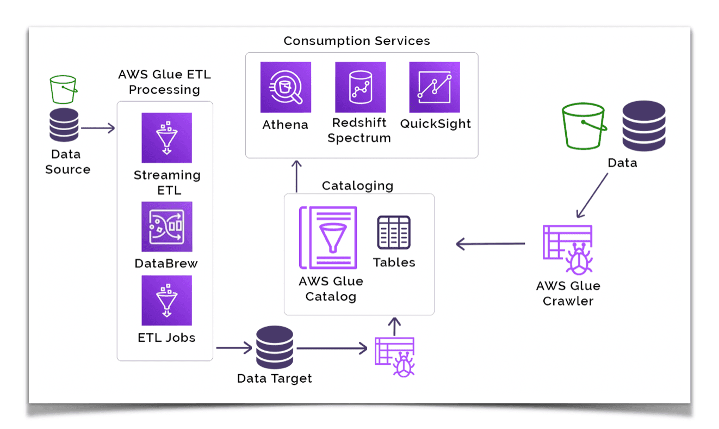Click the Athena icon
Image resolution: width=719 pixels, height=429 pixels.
coord(286,87)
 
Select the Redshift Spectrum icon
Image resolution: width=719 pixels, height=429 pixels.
coord(360,87)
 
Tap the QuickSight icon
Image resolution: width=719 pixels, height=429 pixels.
coord(435,87)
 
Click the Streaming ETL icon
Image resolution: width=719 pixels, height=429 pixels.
coord(166,138)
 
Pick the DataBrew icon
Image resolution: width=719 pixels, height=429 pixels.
coord(166,226)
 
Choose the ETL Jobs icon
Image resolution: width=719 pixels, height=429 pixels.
coord(166,300)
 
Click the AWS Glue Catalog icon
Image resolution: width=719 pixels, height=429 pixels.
coord(328,237)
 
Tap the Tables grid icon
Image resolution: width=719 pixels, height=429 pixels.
coord(394,232)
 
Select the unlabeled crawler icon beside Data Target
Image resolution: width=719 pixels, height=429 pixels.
coord(395,357)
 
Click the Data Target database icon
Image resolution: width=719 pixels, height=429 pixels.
coord(275,347)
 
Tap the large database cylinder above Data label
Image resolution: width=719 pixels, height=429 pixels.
coord(644,126)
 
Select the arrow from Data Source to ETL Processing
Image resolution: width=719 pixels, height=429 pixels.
coord(98,128)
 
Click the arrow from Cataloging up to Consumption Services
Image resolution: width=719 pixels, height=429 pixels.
coord(296,176)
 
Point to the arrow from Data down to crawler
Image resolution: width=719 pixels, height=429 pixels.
coord(592,195)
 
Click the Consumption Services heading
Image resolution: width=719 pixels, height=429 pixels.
coord(357,41)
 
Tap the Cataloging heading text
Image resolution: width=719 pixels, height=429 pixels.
coord(357,186)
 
